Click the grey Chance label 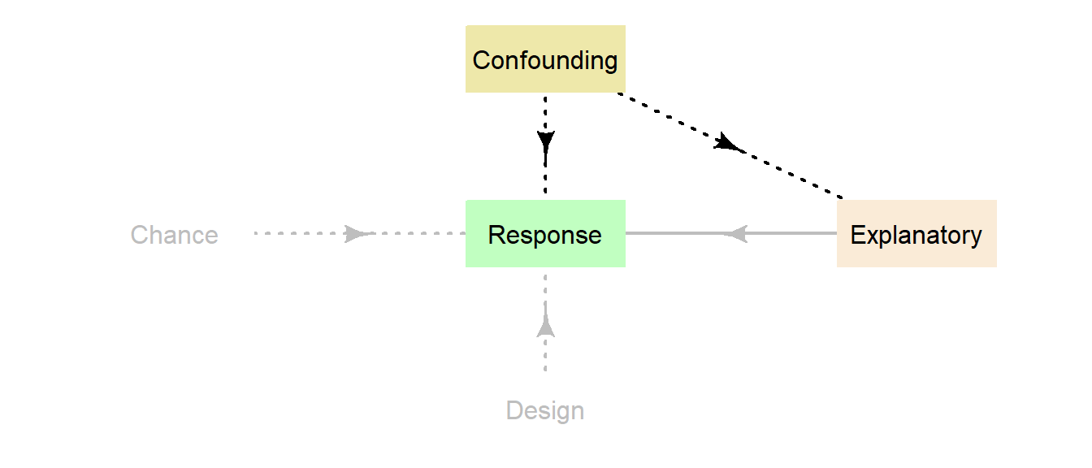(x=174, y=235)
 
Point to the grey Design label (x=545, y=410)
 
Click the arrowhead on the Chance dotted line (x=356, y=234)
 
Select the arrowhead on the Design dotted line (x=545, y=326)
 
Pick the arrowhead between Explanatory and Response (x=735, y=234)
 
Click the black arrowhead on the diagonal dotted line (x=728, y=144)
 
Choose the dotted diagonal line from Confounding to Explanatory (x=796, y=175)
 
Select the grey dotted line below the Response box (x=545, y=357)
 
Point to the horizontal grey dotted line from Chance (x=292, y=234)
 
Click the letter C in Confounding (x=481, y=60)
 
